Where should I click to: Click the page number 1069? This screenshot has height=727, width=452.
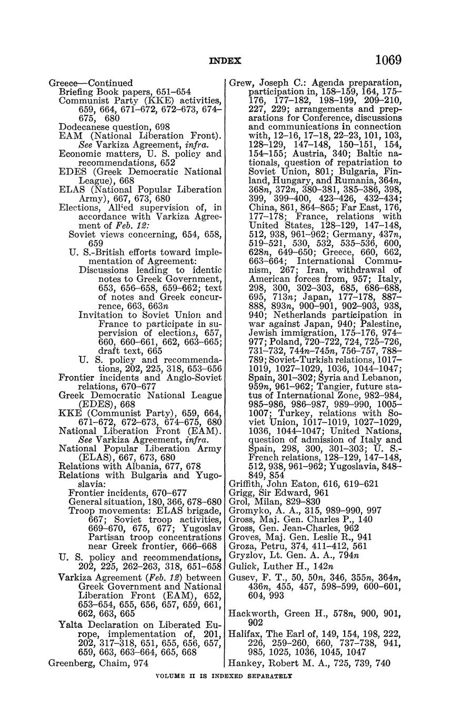(388, 60)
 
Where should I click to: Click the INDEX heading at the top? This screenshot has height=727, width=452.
(225, 61)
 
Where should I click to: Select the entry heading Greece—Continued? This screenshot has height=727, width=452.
(91, 83)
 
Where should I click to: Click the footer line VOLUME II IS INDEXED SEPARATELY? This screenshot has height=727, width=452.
(225, 675)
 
